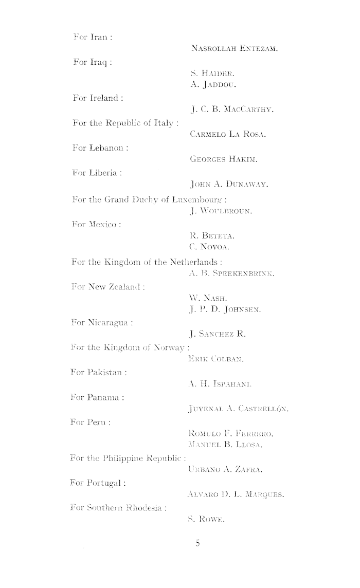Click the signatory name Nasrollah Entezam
234,49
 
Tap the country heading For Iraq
93,63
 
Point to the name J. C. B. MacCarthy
232,109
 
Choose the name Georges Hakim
223,160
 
